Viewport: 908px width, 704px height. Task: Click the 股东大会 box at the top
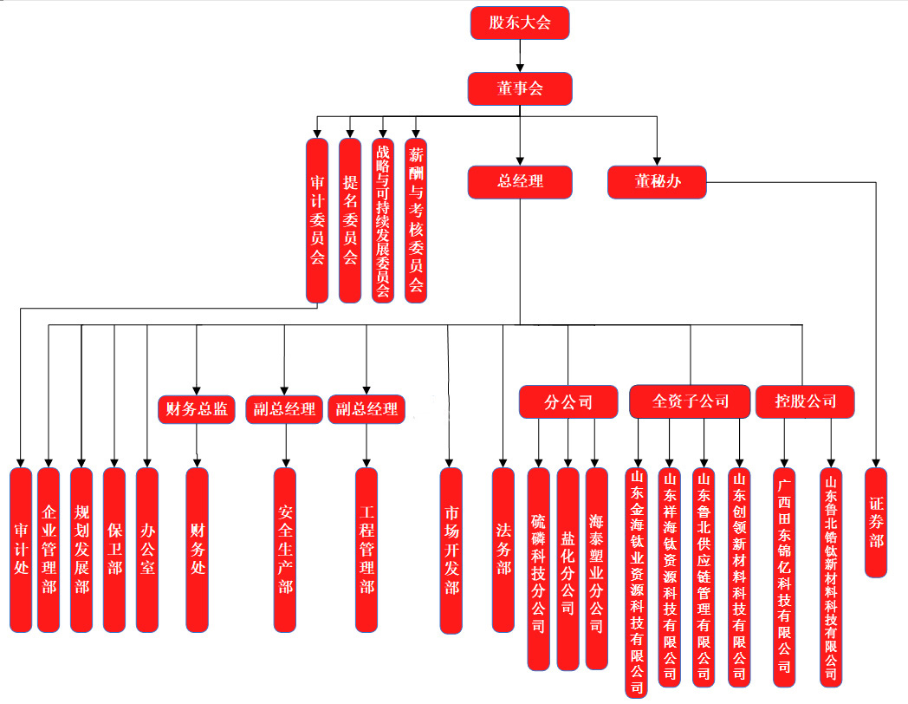[520, 23]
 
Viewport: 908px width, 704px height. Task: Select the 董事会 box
[520, 88]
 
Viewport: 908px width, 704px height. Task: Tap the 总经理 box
[520, 182]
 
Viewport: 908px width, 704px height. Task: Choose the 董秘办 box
[657, 182]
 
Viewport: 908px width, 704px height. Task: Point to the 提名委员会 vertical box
[350, 220]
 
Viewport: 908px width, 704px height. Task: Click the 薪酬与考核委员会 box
[417, 220]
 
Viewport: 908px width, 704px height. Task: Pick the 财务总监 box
[197, 408]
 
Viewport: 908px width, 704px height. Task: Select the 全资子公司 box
[690, 401]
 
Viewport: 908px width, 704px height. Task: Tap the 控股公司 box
[806, 401]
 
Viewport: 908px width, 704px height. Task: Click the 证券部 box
[876, 522]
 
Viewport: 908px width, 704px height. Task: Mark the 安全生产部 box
[285, 550]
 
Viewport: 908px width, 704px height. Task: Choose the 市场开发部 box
[451, 550]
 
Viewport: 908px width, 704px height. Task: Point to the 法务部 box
[503, 550]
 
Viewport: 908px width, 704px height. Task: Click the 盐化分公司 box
[567, 569]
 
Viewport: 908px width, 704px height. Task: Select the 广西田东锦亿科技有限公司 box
[784, 577]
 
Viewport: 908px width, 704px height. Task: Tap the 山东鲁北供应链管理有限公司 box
[704, 577]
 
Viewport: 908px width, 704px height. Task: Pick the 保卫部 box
[114, 550]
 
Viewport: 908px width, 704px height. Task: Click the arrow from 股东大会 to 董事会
[520, 56]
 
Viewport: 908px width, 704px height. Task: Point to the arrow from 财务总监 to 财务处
[197, 445]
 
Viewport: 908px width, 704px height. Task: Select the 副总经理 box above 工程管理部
[366, 408]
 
